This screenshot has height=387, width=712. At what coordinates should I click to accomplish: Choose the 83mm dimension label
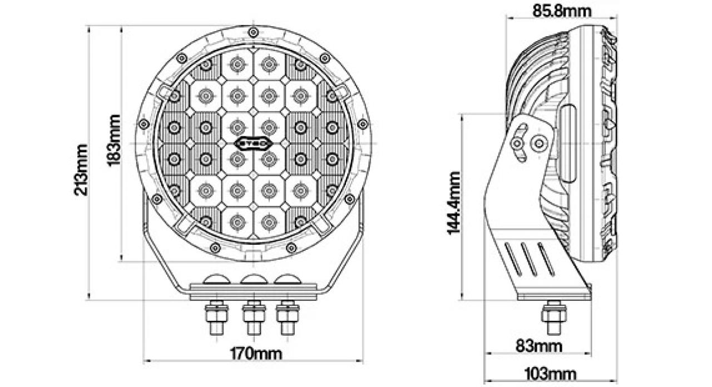pyautogui.click(x=539, y=346)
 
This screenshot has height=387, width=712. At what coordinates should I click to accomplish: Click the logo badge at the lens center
pyautogui.click(x=254, y=142)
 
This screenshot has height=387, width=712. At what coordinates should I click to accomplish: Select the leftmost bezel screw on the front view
pyautogui.click(x=144, y=123)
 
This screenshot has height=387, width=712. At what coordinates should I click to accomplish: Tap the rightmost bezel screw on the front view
pyautogui.click(x=363, y=123)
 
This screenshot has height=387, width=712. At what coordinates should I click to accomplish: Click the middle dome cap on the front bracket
pyautogui.click(x=253, y=279)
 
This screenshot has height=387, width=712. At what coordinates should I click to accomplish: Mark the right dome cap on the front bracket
pyautogui.click(x=287, y=279)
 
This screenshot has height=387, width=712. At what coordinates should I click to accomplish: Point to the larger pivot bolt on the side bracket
pyautogui.click(x=538, y=143)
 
